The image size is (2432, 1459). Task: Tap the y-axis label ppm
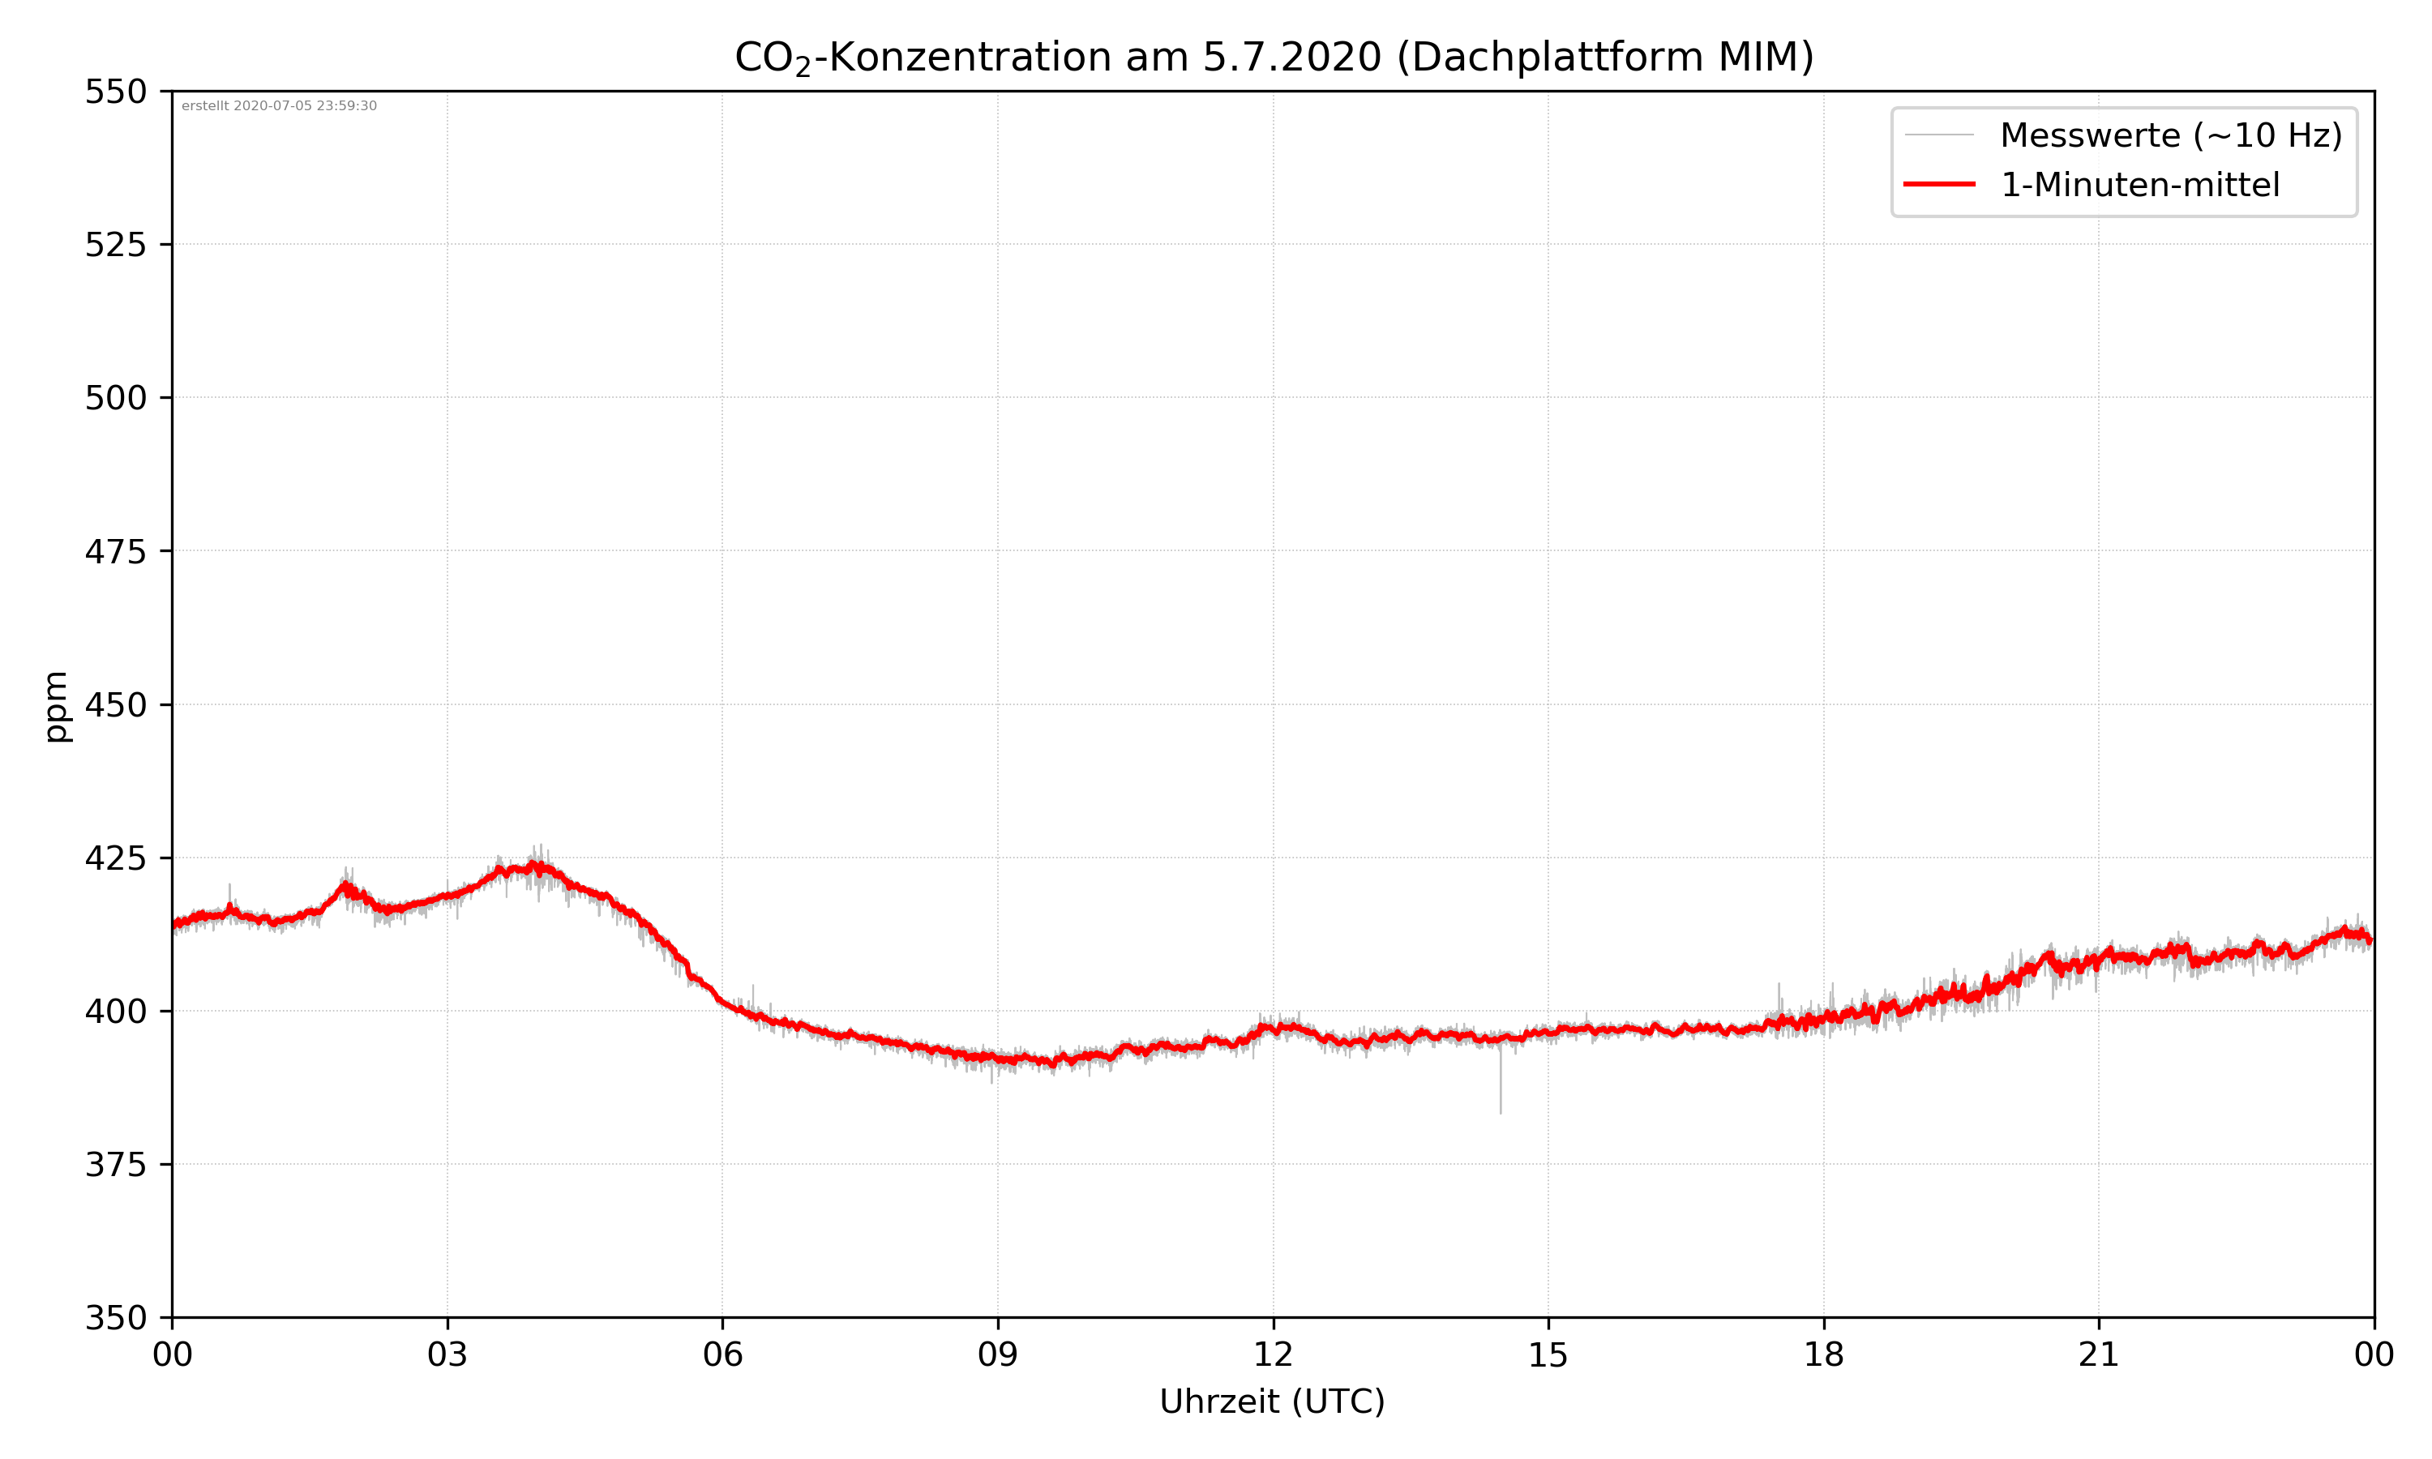(x=56, y=706)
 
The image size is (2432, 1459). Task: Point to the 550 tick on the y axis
(x=115, y=92)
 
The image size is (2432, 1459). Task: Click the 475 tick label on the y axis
(x=115, y=551)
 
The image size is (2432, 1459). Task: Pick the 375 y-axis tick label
(x=115, y=1165)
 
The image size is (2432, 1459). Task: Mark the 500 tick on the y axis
(x=115, y=398)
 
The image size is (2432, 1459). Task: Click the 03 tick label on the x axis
(x=447, y=1354)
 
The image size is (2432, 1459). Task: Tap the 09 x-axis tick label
(x=998, y=1354)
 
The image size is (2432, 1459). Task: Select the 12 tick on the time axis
(x=1273, y=1354)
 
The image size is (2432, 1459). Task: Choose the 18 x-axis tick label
(x=1823, y=1354)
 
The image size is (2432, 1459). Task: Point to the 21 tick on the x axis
(x=2099, y=1354)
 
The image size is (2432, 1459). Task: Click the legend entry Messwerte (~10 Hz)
(x=2170, y=135)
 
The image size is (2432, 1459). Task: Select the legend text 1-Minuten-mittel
(x=2139, y=185)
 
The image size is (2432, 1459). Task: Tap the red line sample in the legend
(x=1938, y=184)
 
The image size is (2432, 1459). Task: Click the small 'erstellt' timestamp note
(x=279, y=106)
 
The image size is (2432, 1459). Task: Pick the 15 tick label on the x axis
(x=1548, y=1354)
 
